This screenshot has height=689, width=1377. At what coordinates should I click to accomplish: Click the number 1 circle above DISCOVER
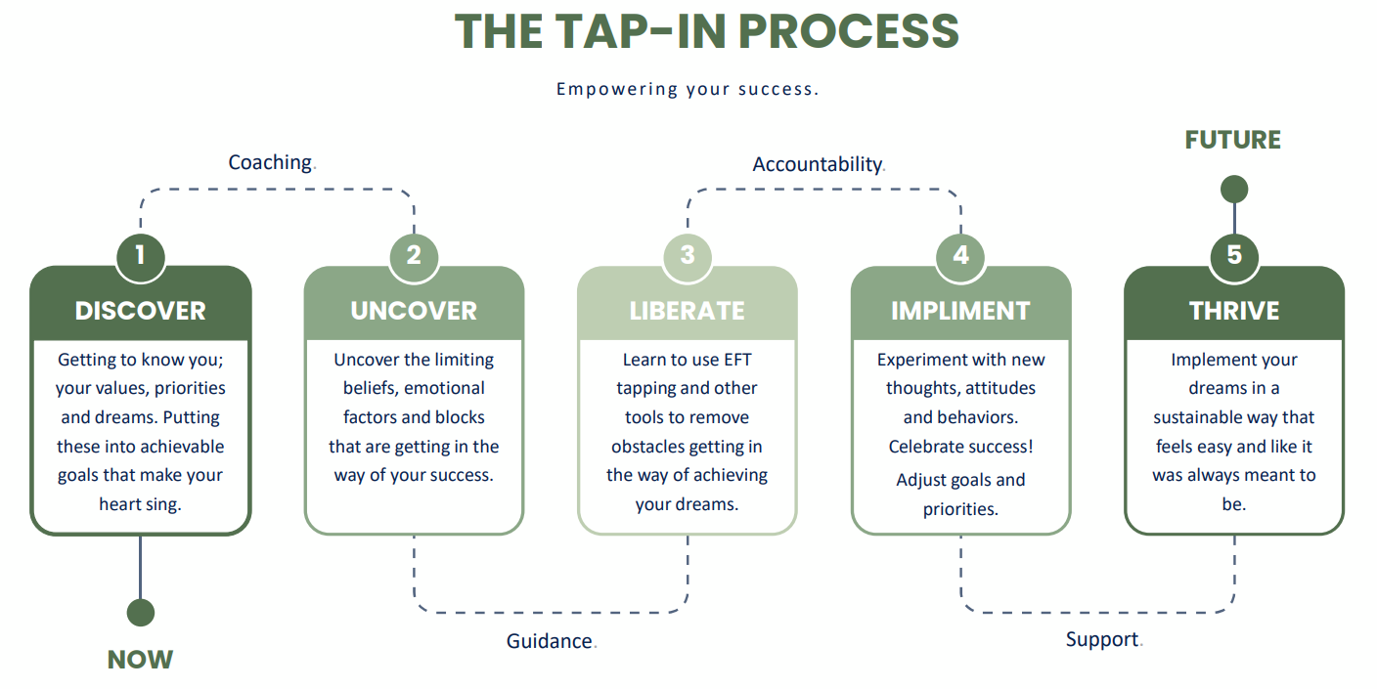pos(140,255)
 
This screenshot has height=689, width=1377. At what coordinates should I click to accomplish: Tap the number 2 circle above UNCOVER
pos(414,255)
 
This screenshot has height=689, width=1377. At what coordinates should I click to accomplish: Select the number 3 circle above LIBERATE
pos(688,255)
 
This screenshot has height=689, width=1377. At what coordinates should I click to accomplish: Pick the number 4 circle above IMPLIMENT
pos(960,255)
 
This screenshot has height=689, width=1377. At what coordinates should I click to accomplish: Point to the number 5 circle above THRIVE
pos(1234,255)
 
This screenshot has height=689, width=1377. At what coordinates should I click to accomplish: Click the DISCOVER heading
pos(140,311)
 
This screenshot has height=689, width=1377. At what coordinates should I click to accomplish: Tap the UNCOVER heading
pos(414,311)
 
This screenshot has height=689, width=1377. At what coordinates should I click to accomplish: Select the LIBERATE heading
pos(688,311)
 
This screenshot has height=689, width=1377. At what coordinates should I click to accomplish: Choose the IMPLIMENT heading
pos(960,311)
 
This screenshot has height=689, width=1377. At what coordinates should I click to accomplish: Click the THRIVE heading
pos(1234,311)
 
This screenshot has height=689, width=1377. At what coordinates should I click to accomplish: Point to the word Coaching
pos(270,162)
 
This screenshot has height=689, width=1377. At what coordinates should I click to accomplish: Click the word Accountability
pos(818,164)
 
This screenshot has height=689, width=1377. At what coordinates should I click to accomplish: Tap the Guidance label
pos(550,641)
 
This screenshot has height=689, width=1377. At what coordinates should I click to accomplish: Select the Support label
pos(1102,639)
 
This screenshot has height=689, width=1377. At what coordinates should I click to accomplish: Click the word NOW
pos(140,660)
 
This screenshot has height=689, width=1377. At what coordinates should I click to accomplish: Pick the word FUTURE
pos(1232,140)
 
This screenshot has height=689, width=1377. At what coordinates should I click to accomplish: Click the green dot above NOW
pos(140,613)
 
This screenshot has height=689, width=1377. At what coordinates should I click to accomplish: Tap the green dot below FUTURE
pos(1234,189)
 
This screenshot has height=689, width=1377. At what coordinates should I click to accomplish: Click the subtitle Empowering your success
pos(687,89)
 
